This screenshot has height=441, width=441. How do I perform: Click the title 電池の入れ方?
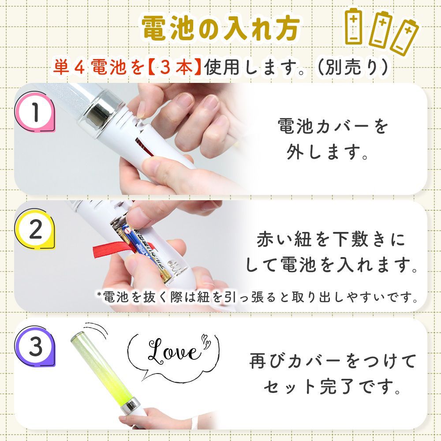220,29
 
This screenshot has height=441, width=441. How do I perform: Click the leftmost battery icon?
354,26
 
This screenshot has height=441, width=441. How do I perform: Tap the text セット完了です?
333,387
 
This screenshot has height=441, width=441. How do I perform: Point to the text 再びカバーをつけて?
333,361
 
